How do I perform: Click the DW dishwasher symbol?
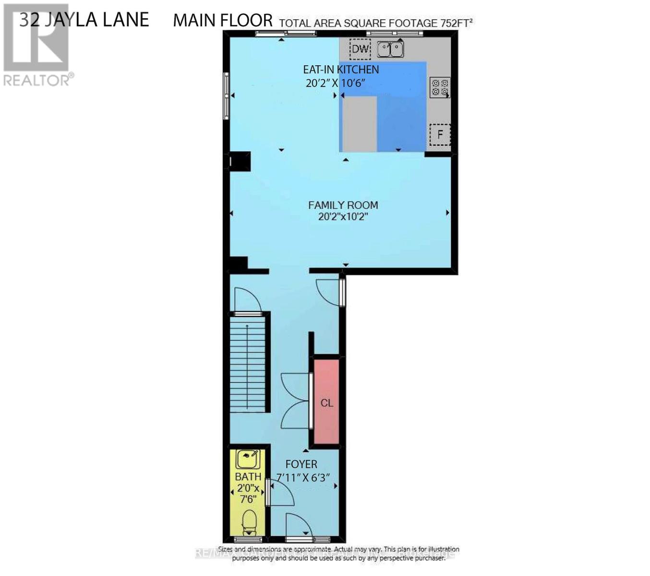(360, 48)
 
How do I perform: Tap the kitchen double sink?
(390, 49)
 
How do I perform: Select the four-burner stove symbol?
(439, 87)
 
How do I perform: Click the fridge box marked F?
(440, 134)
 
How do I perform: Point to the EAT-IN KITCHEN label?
(340, 70)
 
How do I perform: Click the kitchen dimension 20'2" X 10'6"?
(336, 83)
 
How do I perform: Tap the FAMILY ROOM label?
(343, 205)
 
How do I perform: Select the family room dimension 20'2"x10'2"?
(343, 216)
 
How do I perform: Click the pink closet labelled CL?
(326, 402)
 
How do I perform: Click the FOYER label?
(301, 464)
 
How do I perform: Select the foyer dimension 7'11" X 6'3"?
(303, 478)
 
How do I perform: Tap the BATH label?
(248, 477)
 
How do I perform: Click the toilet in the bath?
(249, 522)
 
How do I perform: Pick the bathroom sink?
(248, 459)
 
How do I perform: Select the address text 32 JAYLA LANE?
(84, 20)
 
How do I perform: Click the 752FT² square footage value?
(457, 23)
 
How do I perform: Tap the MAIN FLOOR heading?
(223, 20)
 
